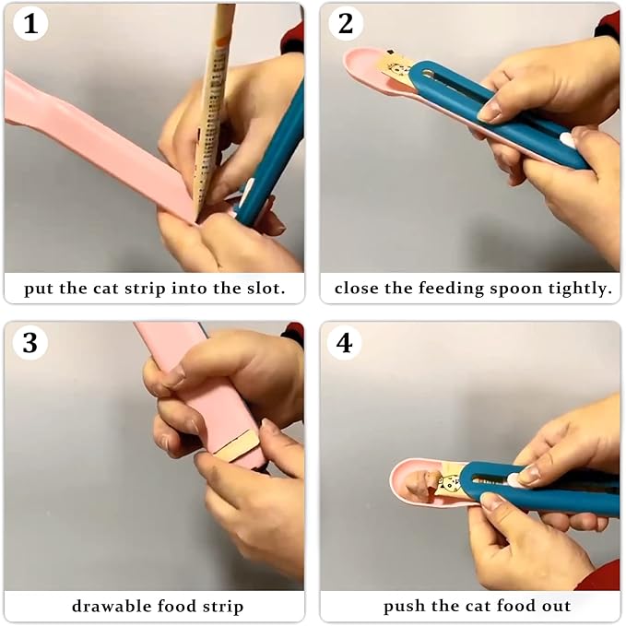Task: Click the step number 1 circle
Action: click(30, 24)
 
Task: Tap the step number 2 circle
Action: click(346, 24)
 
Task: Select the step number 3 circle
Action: click(30, 342)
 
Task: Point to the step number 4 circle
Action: click(346, 342)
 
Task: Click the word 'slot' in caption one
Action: click(263, 289)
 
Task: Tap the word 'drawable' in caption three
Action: click(105, 606)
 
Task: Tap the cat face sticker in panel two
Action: click(399, 68)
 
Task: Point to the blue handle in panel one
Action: click(277, 157)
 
